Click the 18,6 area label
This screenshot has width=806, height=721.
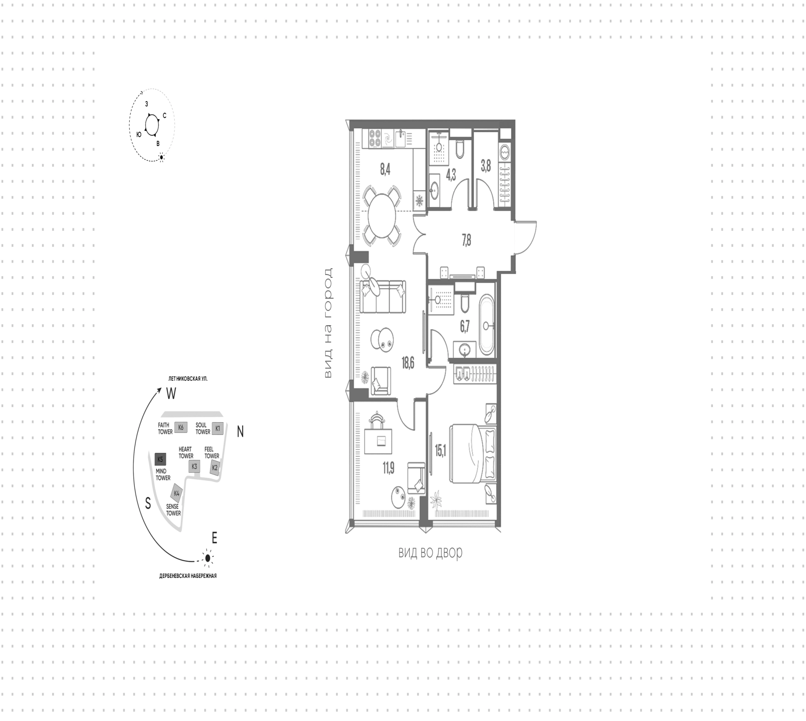click(408, 363)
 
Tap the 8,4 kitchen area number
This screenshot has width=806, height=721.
click(385, 170)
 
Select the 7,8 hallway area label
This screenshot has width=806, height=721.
click(466, 240)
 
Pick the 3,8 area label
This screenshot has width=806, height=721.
click(486, 167)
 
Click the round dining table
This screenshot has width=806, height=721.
click(382, 216)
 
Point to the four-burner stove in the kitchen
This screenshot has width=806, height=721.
click(375, 138)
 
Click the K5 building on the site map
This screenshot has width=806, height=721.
click(160, 460)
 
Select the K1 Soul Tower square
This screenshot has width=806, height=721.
click(217, 428)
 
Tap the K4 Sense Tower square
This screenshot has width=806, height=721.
click(177, 494)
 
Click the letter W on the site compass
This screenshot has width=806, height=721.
click(171, 393)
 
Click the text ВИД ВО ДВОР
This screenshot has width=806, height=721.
click(430, 553)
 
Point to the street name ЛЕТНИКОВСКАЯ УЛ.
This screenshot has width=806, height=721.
click(188, 379)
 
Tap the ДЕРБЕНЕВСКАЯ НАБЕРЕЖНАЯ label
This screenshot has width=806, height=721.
click(188, 576)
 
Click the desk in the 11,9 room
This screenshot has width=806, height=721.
click(378, 441)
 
